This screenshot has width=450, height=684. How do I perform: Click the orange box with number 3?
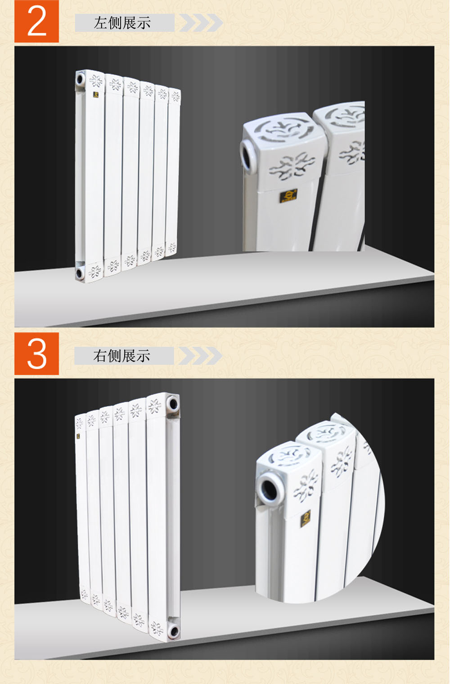click(x=36, y=354)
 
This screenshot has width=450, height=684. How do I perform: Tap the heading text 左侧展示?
click(x=122, y=23)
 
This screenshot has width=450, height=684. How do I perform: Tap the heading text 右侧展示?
click(x=122, y=356)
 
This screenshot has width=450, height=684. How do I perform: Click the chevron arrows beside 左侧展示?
click(x=201, y=22)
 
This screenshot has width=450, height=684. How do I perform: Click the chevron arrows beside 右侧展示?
click(x=200, y=355)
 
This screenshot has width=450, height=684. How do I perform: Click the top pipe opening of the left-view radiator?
click(x=80, y=79)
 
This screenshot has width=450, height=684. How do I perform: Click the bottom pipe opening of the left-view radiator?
click(x=80, y=272)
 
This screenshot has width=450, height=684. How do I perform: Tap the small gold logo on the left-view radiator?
click(x=96, y=94)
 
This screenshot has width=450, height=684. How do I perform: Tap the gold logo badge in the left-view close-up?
click(x=288, y=195)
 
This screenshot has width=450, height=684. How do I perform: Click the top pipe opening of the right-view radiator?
click(x=173, y=404)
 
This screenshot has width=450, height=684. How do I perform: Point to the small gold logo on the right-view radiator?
click(x=78, y=436)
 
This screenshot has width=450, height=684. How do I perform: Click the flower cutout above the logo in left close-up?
click(x=292, y=166)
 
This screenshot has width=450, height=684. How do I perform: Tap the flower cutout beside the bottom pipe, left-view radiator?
click(x=94, y=271)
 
